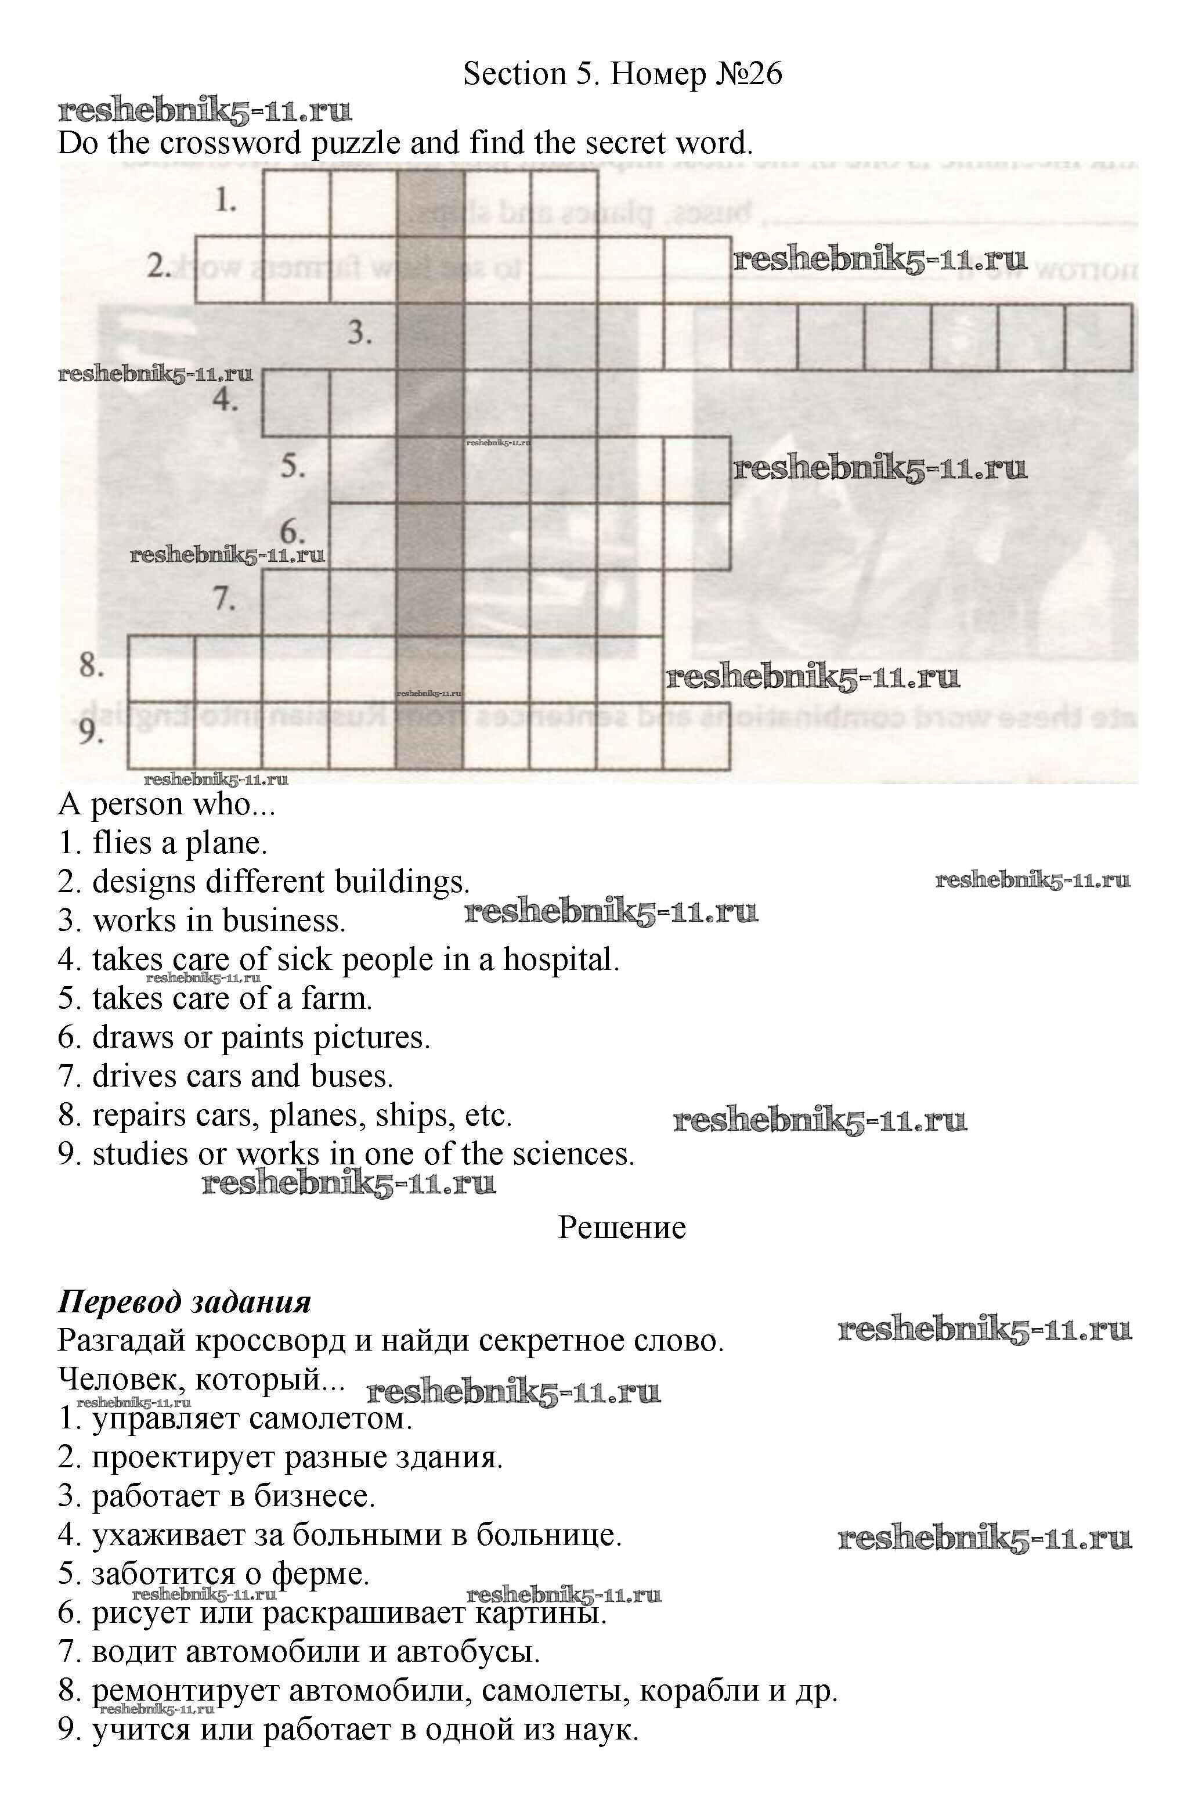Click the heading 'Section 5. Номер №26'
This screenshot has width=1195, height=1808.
[x=622, y=74]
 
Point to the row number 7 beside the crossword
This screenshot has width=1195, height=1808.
[x=224, y=598]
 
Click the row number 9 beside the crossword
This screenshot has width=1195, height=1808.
[x=91, y=732]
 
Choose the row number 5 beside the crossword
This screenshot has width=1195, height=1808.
[x=293, y=465]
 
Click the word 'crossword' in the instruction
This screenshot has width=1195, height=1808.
[x=243, y=144]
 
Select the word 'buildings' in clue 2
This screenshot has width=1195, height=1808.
[x=402, y=882]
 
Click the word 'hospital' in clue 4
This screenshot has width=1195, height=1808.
[x=560, y=959]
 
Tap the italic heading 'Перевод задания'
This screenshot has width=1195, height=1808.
[x=185, y=1302]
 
